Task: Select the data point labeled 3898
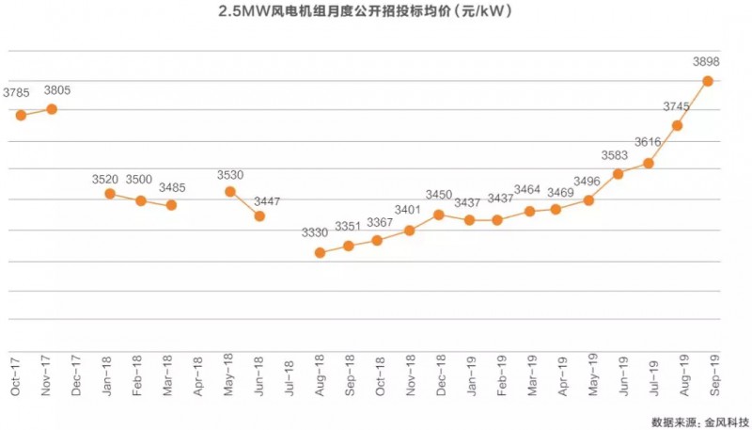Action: [x=707, y=81]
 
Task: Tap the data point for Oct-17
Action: [x=21, y=115]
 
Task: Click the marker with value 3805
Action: [x=52, y=109]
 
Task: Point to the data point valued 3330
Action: [x=320, y=252]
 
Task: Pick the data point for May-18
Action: [x=230, y=192]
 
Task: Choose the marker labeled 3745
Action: [x=677, y=125]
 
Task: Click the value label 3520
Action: [x=105, y=179]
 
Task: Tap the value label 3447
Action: [x=266, y=201]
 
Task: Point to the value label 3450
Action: [x=440, y=196]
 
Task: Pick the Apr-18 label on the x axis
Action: [x=198, y=374]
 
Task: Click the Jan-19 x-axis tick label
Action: [x=469, y=374]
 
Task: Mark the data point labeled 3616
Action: [x=649, y=163]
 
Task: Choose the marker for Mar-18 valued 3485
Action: [x=171, y=205]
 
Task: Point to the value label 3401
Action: [x=407, y=211]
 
